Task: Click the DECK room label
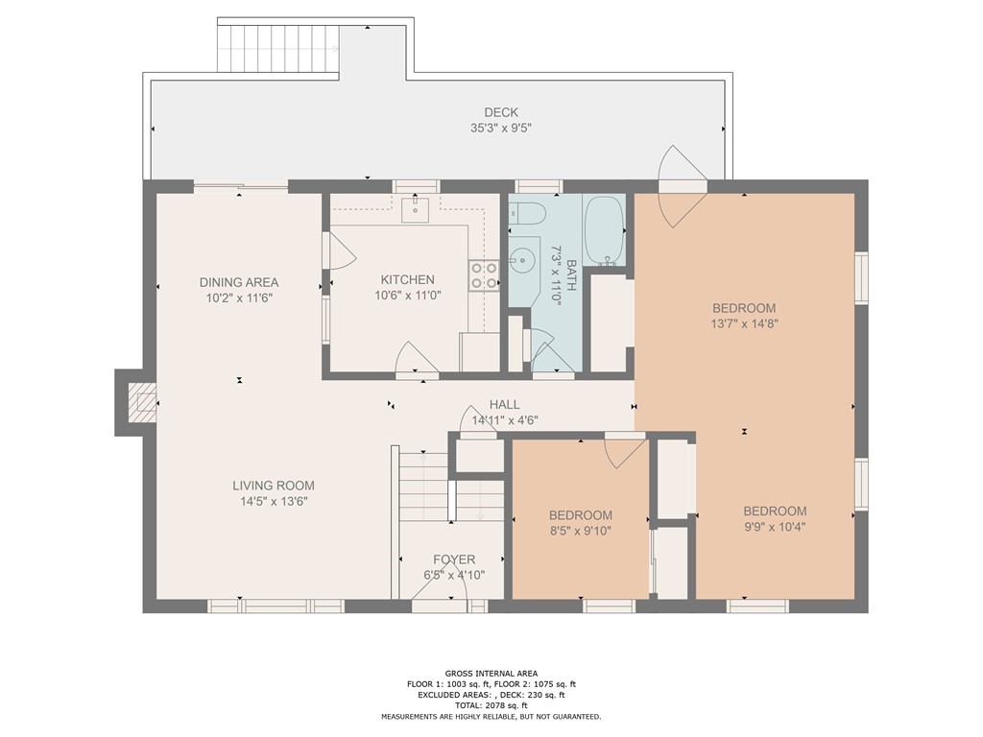501,113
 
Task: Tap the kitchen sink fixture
415,209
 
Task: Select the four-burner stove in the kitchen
484,275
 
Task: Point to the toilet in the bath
527,214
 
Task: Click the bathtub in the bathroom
605,230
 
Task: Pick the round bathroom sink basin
521,258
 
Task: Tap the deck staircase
278,49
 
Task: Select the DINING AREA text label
239,283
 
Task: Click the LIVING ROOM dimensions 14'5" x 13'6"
274,501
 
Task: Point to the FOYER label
454,559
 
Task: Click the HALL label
505,405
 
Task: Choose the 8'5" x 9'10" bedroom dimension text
581,531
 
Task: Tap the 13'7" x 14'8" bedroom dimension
744,324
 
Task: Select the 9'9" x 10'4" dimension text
775,527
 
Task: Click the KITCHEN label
407,280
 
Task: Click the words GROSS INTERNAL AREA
491,674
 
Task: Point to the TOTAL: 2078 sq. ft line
491,705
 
